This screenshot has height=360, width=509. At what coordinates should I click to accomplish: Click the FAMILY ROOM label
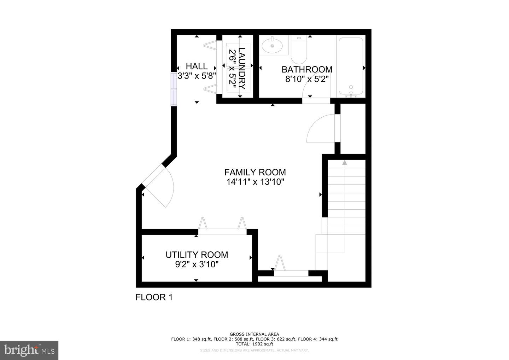coord(255,172)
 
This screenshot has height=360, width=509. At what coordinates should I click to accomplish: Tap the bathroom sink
coord(272,46)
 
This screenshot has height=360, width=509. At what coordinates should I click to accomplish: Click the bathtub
coord(351,67)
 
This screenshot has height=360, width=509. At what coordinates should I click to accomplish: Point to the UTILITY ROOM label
coord(197,255)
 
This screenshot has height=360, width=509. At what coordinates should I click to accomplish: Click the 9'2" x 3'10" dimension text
coord(197,264)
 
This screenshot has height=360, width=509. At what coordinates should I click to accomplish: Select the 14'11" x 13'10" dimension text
coord(255,182)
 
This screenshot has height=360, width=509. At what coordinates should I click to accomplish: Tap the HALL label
coord(197,66)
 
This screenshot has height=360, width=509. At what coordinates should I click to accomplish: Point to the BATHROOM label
coord(307,69)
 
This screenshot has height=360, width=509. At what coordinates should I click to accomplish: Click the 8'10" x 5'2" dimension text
coord(307,79)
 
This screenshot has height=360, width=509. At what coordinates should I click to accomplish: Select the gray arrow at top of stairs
coord(344,162)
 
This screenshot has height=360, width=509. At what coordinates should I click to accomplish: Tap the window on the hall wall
coord(174,89)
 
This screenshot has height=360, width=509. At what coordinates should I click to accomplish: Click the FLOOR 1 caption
coord(154,297)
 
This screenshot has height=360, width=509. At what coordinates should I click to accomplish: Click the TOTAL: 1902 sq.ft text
coord(254,344)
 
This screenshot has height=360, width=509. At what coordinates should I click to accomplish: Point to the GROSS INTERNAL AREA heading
coord(254,334)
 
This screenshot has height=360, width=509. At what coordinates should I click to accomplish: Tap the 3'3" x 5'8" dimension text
coord(197,76)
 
